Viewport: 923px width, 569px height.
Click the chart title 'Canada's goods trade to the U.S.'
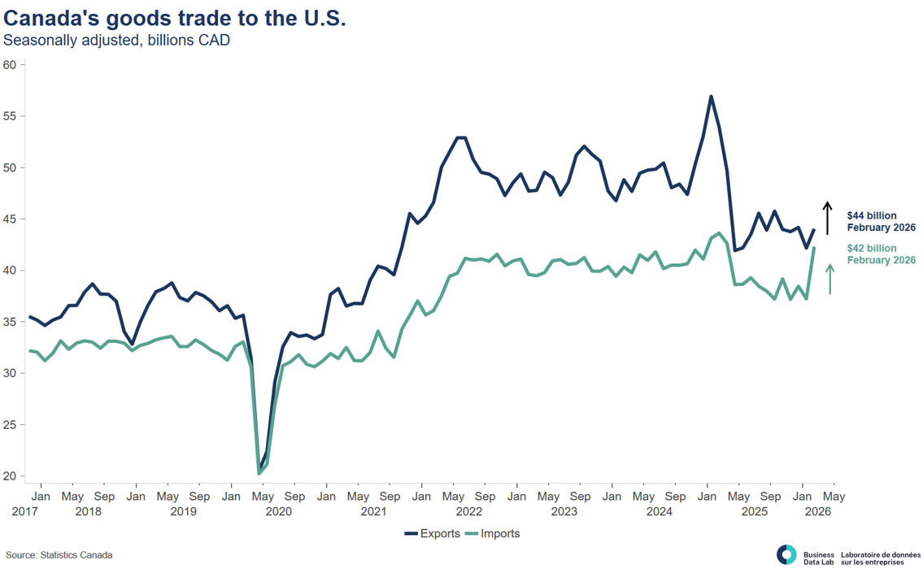click(x=175, y=19)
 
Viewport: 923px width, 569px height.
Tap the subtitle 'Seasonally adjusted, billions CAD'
click(x=117, y=41)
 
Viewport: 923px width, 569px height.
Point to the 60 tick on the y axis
click(x=10, y=65)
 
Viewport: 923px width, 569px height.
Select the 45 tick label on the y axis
click(x=10, y=219)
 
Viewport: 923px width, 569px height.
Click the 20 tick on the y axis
click(x=10, y=476)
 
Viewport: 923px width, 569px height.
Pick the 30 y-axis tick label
click(x=10, y=373)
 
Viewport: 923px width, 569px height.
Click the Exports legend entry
click(x=431, y=534)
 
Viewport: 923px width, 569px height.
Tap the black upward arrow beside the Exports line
click(x=827, y=218)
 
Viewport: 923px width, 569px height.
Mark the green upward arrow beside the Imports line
click(x=829, y=279)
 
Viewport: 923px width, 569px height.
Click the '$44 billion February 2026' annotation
click(x=881, y=222)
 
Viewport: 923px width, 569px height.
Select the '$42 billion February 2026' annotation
click(x=881, y=254)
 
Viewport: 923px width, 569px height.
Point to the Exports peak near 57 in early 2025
click(x=712, y=97)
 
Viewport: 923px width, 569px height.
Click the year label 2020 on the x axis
click(x=278, y=512)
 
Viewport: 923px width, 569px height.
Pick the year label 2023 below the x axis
click(x=564, y=512)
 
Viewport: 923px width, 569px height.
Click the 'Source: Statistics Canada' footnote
click(x=59, y=555)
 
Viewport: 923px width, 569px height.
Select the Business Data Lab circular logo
click(x=786, y=554)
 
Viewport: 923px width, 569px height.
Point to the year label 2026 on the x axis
click(x=818, y=512)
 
